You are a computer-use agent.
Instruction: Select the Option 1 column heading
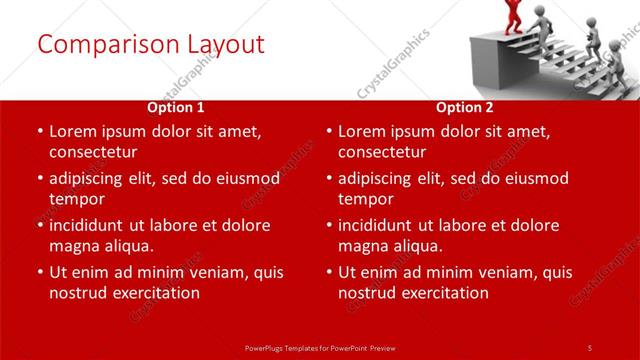tap(176, 106)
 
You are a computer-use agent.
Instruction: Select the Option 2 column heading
tap(465, 106)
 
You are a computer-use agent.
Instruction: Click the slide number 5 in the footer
tap(590, 347)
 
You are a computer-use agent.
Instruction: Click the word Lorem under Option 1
tap(75, 131)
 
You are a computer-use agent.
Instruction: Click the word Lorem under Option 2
tap(364, 131)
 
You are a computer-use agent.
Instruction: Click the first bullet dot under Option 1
tap(39, 132)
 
